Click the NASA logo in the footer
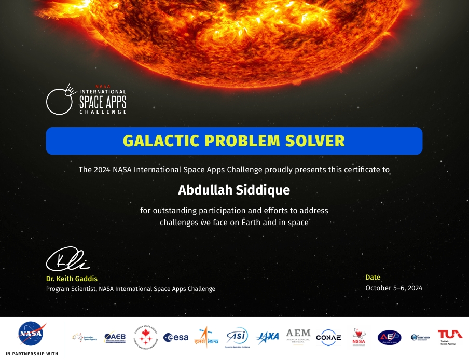(32, 334)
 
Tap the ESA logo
(176, 337)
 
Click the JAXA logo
(268, 336)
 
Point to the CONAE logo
(328, 337)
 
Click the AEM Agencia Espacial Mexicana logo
(298, 336)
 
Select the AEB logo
(114, 337)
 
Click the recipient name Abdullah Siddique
(234, 190)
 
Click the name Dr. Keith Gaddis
(72, 279)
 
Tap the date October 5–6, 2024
(394, 288)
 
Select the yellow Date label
(373, 278)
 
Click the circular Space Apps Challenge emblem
(60, 100)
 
